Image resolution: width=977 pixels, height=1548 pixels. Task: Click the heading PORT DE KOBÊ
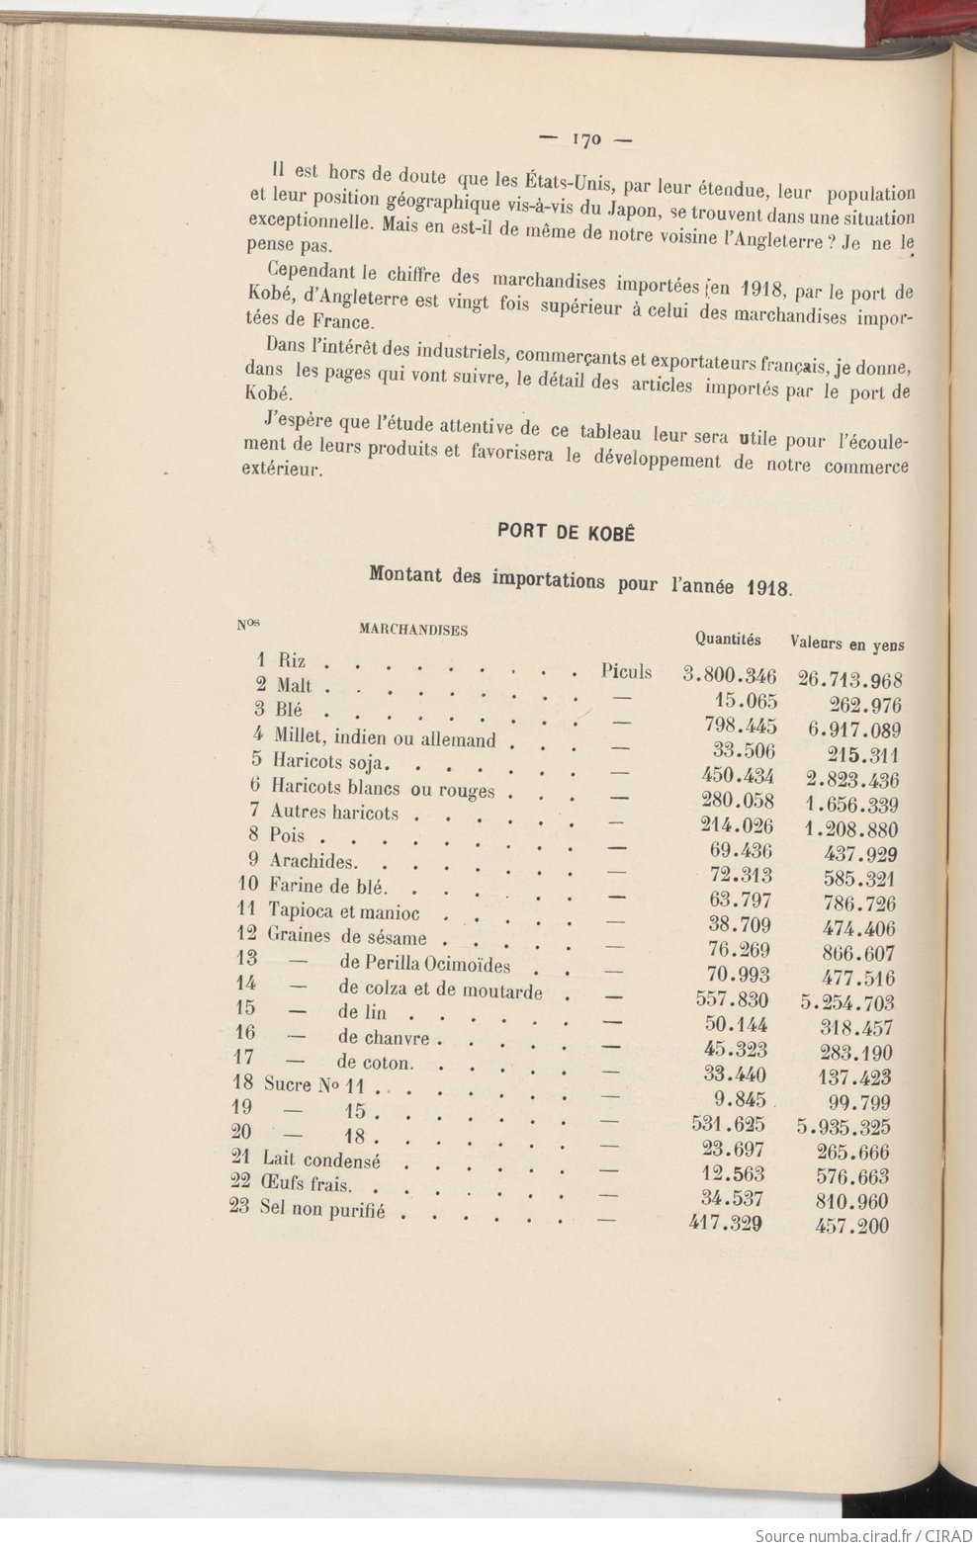565,532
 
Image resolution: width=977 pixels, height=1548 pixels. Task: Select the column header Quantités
727,640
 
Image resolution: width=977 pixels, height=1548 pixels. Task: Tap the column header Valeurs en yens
846,644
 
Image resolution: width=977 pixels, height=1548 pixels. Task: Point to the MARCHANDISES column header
412,630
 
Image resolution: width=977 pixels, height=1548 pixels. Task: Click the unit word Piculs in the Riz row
626,672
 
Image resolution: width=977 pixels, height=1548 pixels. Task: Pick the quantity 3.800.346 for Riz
730,676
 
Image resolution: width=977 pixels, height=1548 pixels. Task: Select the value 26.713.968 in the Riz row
849,680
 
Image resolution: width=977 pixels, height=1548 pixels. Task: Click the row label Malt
294,685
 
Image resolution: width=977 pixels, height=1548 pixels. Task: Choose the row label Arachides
312,861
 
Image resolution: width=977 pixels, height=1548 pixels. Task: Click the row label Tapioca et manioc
343,911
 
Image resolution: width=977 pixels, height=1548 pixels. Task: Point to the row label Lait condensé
320,1159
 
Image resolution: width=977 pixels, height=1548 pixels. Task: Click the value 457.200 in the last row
852,1226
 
